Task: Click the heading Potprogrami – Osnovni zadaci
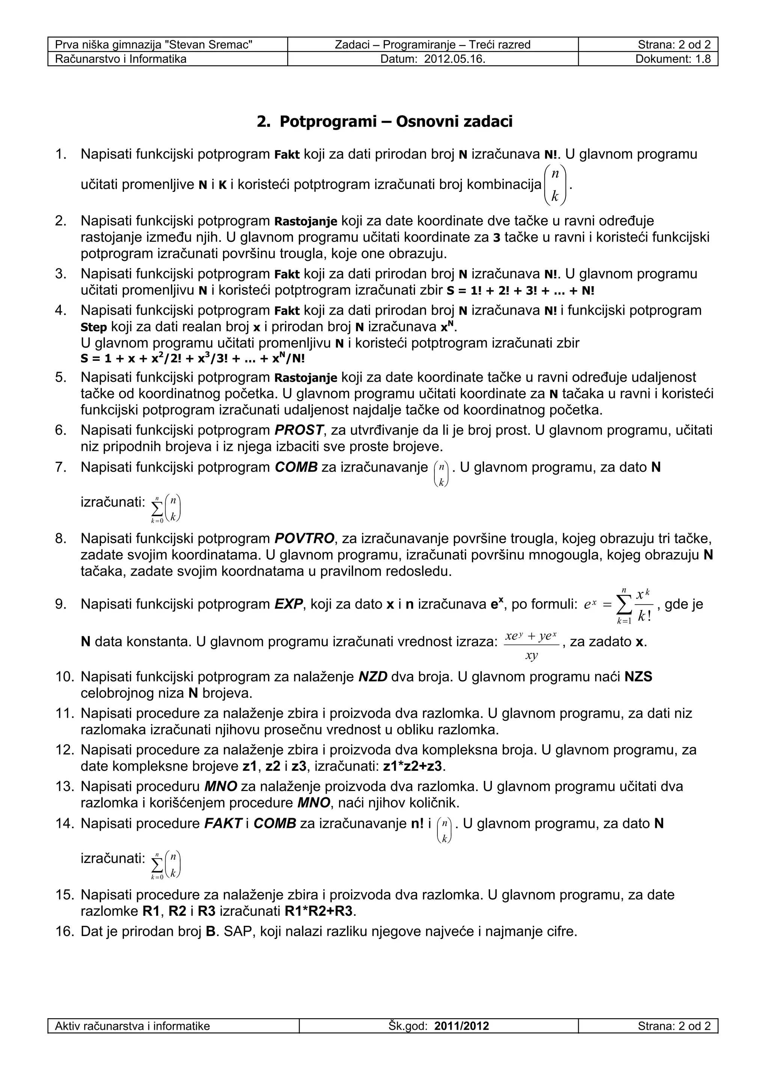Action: point(384,122)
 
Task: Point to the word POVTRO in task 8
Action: point(304,538)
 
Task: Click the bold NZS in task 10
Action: point(638,677)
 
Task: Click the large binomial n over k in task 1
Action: point(555,185)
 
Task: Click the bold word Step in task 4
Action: point(93,327)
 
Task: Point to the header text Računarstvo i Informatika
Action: point(121,59)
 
